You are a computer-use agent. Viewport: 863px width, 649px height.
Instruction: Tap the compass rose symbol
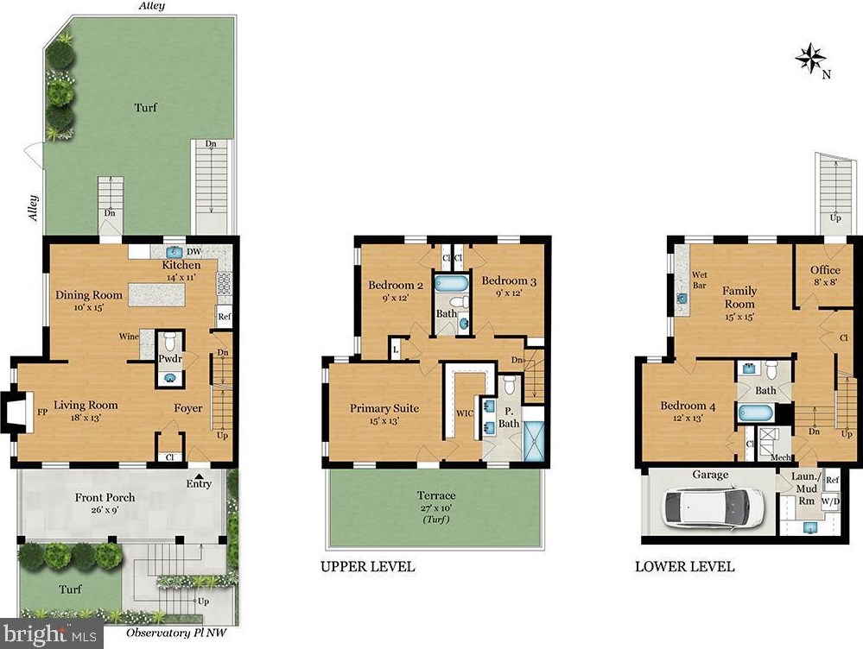pos(811,59)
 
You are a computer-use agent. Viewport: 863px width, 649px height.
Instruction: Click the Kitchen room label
pos(181,265)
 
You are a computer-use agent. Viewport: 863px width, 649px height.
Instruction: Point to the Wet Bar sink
pos(682,299)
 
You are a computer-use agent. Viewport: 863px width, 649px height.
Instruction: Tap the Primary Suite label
pos(384,408)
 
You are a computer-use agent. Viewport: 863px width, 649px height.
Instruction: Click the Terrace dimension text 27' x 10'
pos(435,507)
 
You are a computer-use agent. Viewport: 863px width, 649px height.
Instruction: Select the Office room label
pos(825,269)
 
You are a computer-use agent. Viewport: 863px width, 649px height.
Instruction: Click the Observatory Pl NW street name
pos(176,633)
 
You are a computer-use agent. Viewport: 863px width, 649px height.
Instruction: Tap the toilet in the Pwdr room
pos(169,342)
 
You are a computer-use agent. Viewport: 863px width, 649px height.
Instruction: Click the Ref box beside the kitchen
pos(225,317)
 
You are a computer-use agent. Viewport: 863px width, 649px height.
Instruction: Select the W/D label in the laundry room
pos(830,501)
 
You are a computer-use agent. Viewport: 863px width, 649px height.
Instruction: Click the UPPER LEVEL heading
pos(368,566)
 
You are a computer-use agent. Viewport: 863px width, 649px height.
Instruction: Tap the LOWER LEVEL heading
pos(685,566)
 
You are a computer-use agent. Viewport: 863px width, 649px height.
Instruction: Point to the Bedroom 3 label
pos(509,280)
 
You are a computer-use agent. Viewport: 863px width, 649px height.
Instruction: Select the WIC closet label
pos(465,413)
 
